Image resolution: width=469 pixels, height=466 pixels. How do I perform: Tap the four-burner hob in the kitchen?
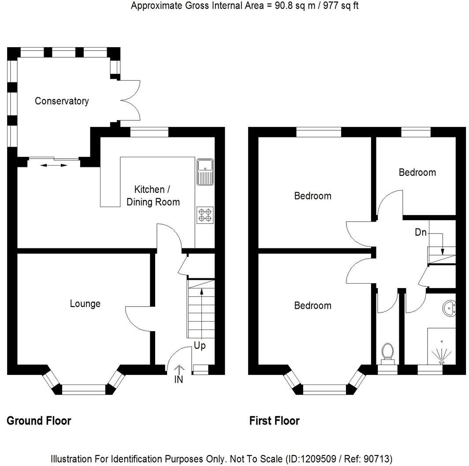tap(205, 215)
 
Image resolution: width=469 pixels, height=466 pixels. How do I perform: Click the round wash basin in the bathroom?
tap(449, 308)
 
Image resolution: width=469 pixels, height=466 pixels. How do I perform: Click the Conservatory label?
tap(62, 101)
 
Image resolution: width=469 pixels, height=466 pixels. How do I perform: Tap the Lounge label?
tap(85, 303)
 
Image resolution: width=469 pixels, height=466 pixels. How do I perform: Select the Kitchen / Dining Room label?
tap(153, 196)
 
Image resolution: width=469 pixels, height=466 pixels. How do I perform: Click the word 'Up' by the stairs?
tap(200, 346)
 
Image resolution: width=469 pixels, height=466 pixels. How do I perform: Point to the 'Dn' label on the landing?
tap(421, 232)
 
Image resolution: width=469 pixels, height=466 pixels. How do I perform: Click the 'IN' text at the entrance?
tap(179, 379)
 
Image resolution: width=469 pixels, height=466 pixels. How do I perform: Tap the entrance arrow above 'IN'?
tap(179, 370)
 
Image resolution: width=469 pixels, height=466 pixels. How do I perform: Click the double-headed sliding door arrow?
tap(54, 165)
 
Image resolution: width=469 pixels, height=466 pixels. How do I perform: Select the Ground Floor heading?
tap(39, 421)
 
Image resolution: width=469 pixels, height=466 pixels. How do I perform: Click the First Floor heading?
tap(275, 421)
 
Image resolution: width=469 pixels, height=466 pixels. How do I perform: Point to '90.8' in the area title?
tap(284, 6)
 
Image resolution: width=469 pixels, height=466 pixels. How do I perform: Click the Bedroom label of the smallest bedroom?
tap(417, 172)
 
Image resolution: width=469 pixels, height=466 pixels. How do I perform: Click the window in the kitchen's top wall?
tap(149, 132)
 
